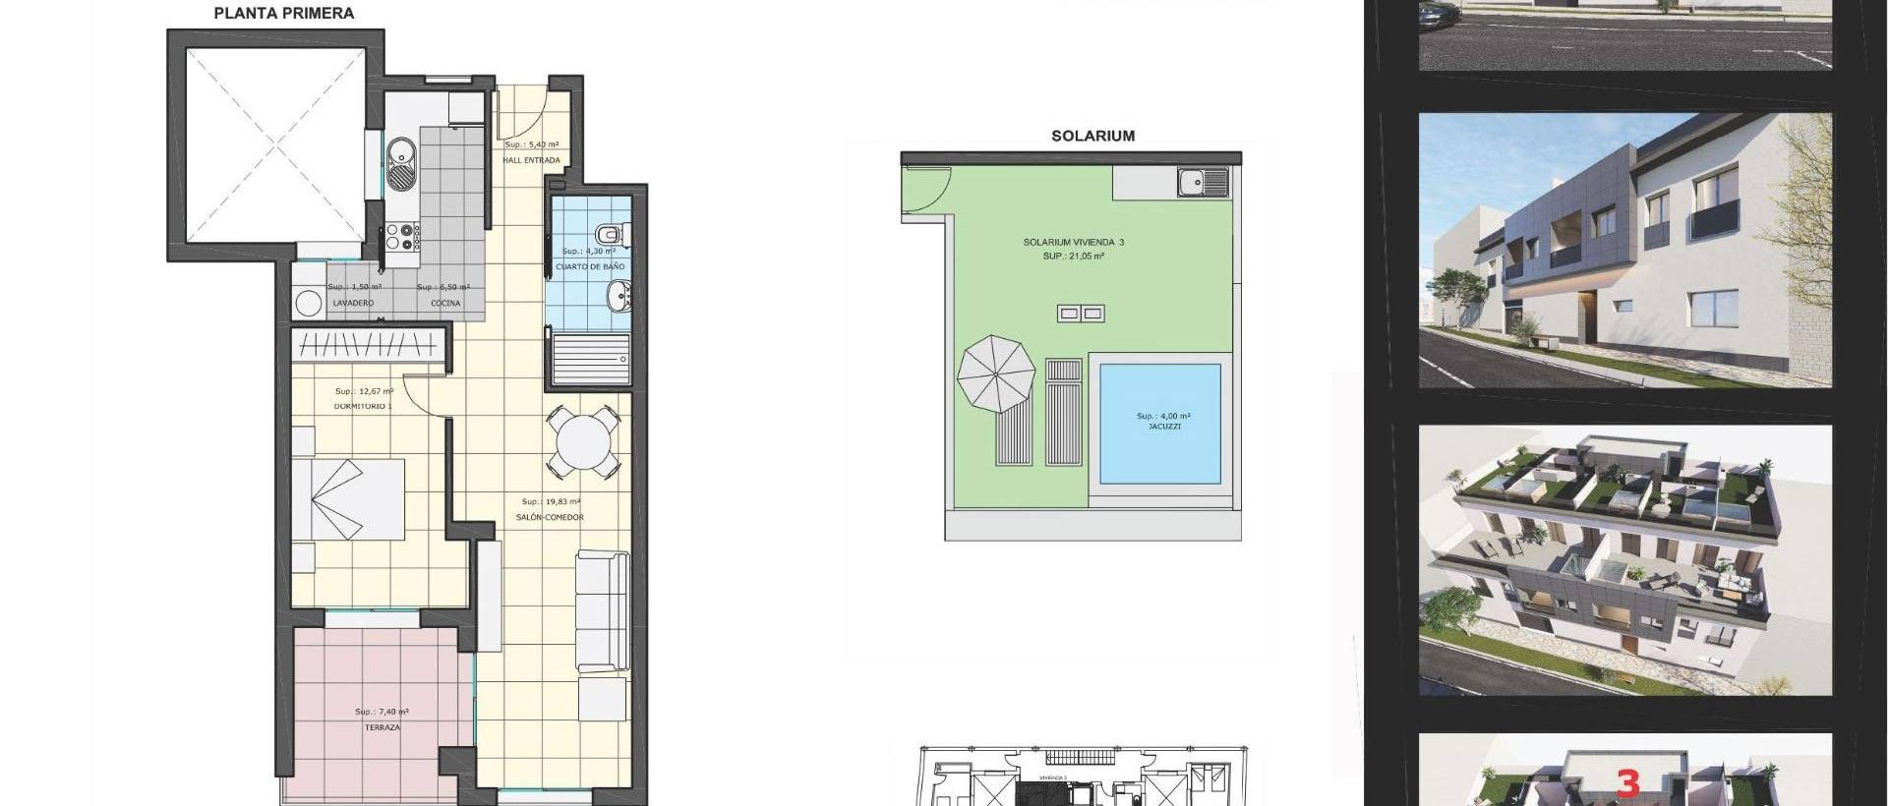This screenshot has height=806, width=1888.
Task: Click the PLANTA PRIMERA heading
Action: (x=284, y=14)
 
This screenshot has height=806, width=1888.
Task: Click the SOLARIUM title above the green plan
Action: (x=1092, y=137)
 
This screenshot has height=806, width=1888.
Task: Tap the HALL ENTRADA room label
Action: (x=531, y=160)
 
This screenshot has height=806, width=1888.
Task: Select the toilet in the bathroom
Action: (x=609, y=234)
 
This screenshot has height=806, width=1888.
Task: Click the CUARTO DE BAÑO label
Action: (x=590, y=267)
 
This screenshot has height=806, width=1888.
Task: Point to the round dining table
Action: (x=584, y=444)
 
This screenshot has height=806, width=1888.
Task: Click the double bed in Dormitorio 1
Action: (x=350, y=499)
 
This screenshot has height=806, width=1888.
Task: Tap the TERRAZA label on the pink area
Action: (x=382, y=728)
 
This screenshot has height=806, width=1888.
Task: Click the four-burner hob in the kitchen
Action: (x=403, y=237)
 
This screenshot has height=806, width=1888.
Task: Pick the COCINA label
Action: (x=445, y=304)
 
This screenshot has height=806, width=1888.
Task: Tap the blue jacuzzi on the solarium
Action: (x=1160, y=424)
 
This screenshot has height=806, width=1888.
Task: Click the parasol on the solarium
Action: (x=996, y=374)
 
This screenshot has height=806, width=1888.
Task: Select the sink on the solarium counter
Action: (x=1204, y=181)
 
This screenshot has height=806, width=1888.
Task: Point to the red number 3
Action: (x=1628, y=783)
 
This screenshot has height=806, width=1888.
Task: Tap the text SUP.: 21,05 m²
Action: (x=1074, y=257)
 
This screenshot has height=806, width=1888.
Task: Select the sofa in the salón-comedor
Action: (x=602, y=611)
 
